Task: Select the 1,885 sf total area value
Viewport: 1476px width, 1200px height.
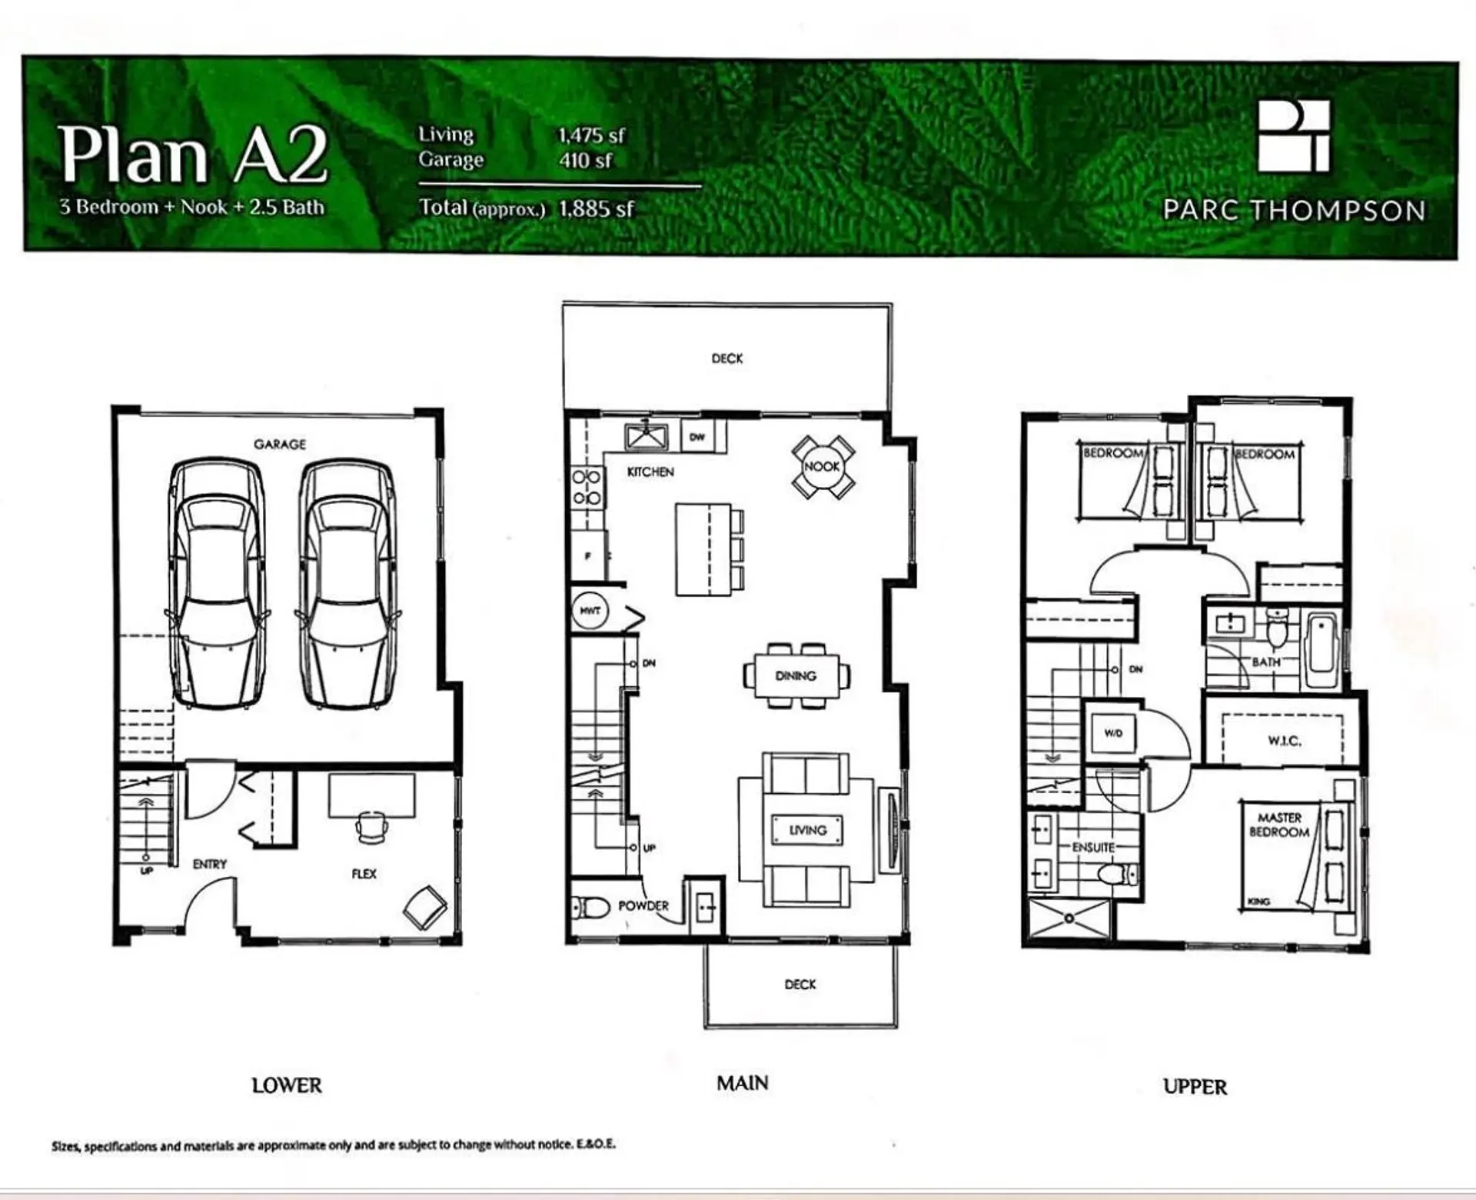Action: click(597, 208)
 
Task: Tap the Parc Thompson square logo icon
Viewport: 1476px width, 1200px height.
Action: click(1293, 136)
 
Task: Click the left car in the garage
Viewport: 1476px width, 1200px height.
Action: click(218, 583)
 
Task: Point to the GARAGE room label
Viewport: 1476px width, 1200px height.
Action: click(280, 444)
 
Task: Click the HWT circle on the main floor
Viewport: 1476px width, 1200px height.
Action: click(590, 610)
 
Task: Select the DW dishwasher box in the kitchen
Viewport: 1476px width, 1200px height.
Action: click(697, 436)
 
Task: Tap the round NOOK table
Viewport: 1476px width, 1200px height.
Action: click(823, 466)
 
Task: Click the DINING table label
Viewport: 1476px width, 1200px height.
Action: click(796, 675)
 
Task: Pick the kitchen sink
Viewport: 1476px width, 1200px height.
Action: click(647, 436)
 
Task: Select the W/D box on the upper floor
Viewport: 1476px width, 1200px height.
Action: click(1113, 733)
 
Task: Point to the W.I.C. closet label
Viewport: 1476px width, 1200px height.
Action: click(1284, 741)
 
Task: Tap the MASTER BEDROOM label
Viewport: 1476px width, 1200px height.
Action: click(1279, 825)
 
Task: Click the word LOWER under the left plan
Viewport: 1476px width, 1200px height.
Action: click(287, 1085)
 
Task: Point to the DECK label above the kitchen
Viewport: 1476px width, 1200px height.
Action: click(727, 358)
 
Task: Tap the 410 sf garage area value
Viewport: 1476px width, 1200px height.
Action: click(585, 160)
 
